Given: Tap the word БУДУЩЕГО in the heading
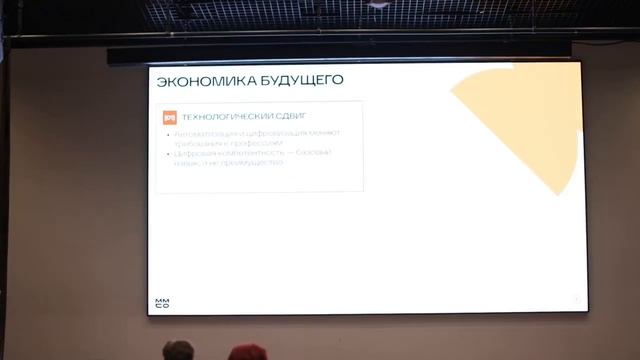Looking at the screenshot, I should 300,79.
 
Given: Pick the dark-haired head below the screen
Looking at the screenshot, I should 179,351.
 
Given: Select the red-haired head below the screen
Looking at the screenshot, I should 247,353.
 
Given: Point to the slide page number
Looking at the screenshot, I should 576,299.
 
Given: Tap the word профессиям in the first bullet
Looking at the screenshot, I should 258,143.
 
